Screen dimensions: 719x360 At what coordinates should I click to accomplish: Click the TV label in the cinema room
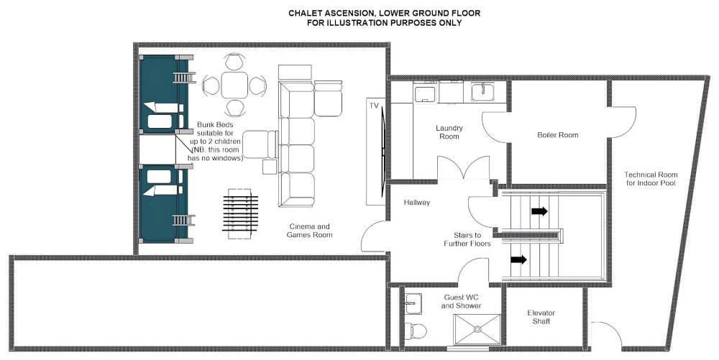point(374,106)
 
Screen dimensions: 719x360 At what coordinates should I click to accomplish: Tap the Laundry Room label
point(449,132)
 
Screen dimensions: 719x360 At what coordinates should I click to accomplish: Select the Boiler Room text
point(558,135)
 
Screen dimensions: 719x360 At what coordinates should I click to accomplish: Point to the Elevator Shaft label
point(541,317)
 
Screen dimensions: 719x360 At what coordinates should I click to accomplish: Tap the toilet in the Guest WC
point(416,331)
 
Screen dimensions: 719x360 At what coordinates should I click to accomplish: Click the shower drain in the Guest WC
point(478,328)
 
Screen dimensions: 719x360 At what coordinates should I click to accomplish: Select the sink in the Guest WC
point(413,303)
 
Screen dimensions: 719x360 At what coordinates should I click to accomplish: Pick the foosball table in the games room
point(240,213)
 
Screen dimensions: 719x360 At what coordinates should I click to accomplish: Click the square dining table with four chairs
point(234,85)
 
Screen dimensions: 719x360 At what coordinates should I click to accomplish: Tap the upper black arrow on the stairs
point(539,211)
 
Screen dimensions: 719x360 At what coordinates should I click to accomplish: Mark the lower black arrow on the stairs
point(518,259)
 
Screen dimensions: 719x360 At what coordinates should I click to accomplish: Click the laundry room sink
point(482,91)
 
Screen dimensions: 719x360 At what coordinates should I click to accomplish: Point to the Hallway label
point(417,202)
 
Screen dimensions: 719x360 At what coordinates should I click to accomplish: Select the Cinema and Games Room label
point(309,231)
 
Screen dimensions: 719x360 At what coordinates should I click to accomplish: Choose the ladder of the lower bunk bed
point(184,221)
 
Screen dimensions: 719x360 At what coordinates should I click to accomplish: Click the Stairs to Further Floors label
point(467,239)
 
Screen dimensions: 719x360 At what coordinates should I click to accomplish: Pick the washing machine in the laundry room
point(425,92)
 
